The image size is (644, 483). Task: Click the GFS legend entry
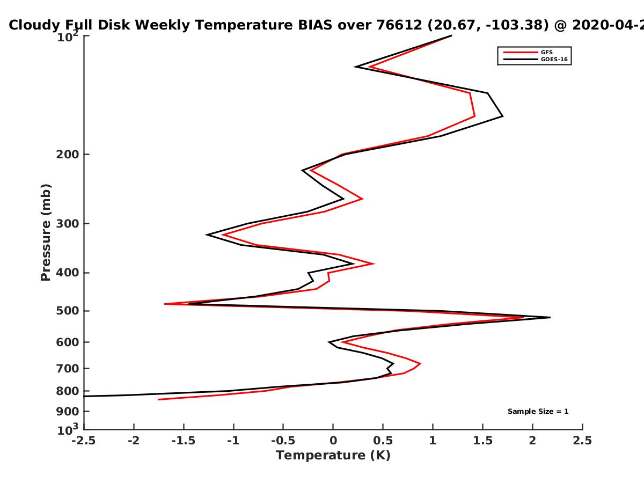(529, 52)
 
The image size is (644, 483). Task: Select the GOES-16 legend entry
(536, 59)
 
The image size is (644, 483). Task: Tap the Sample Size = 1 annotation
(538, 412)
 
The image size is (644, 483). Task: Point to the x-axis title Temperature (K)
(333, 456)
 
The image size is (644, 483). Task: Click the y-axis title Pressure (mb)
(46, 232)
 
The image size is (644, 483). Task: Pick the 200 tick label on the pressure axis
(68, 154)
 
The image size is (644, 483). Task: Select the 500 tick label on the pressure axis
(68, 311)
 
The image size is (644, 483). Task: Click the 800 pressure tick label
(68, 391)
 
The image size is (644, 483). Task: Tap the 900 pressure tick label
(68, 412)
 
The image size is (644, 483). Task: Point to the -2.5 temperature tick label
(84, 441)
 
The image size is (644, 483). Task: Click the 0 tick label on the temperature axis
(333, 441)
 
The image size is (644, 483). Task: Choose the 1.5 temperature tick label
(482, 441)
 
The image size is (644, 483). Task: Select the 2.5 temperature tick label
(582, 441)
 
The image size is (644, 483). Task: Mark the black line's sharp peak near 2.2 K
(550, 317)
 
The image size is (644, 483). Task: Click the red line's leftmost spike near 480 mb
(165, 304)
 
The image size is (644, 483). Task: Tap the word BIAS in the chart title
(316, 25)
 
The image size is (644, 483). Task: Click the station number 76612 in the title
(399, 25)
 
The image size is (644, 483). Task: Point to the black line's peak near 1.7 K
(503, 116)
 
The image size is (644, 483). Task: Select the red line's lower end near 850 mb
(158, 399)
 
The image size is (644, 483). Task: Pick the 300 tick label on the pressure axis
(68, 224)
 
